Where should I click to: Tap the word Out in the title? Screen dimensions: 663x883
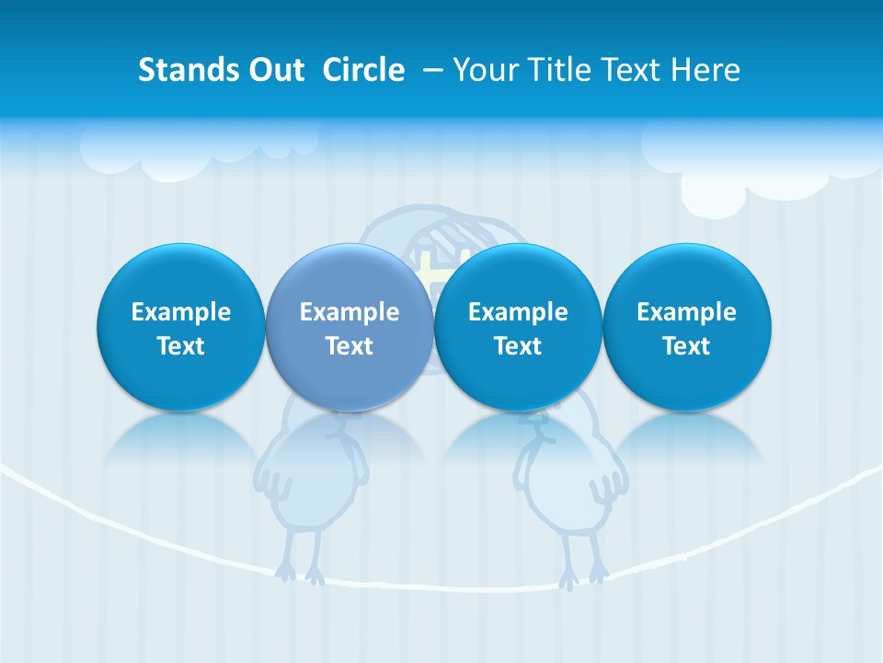(273, 70)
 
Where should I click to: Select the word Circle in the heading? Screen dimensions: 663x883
(363, 70)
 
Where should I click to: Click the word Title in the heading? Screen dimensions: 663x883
(560, 70)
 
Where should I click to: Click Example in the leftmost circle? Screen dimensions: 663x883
(181, 312)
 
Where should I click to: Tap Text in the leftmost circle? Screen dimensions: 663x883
(181, 346)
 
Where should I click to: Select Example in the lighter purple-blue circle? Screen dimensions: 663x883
(350, 312)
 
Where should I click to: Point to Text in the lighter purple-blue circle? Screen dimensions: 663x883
(350, 346)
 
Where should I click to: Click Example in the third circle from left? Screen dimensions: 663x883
(518, 312)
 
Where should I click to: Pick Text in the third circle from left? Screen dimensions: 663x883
(518, 346)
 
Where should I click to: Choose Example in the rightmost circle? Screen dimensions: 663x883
(686, 312)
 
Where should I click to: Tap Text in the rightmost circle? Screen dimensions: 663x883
(686, 346)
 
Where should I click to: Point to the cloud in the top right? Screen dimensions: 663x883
(754, 166)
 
